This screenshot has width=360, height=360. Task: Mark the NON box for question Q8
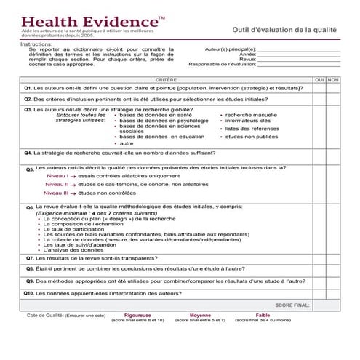(x=333, y=268)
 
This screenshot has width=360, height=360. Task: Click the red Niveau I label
(x=56, y=176)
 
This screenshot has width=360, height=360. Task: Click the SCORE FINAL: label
(x=293, y=305)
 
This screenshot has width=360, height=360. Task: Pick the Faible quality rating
(x=263, y=315)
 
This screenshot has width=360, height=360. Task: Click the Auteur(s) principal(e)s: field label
(x=226, y=48)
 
